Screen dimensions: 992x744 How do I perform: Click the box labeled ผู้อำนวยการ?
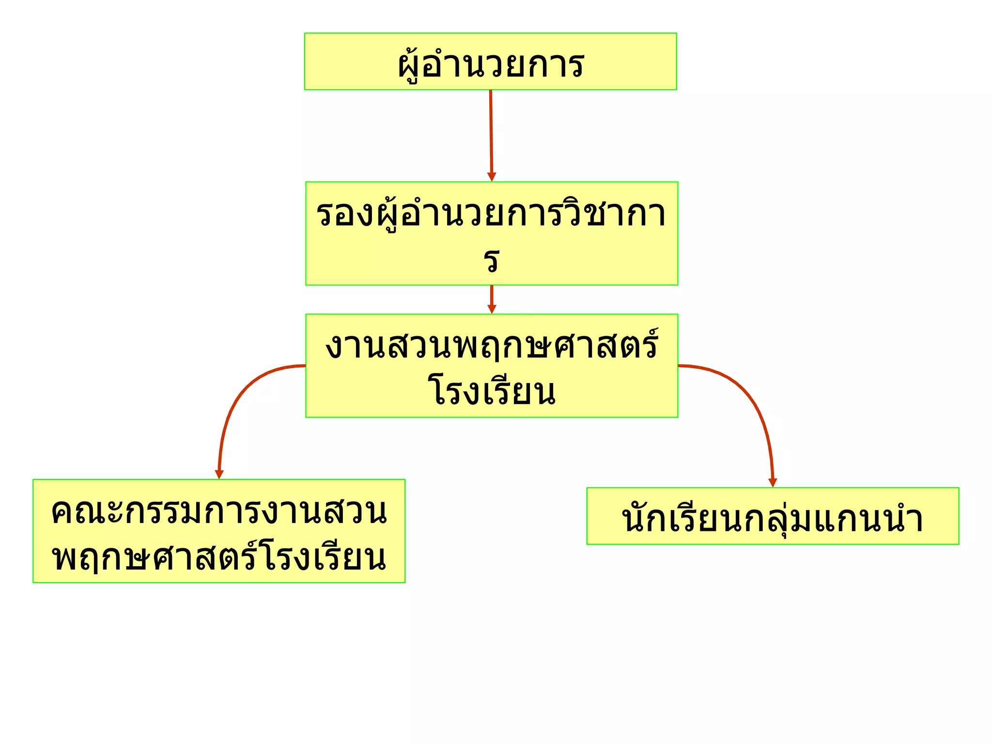[x=490, y=62]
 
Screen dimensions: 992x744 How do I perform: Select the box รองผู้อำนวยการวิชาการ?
[x=491, y=233]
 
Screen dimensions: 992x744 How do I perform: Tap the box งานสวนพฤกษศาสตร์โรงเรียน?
[x=491, y=366]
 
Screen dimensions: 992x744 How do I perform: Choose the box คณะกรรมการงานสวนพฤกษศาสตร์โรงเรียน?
[x=219, y=531]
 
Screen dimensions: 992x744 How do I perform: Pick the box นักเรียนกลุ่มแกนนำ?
[x=773, y=516]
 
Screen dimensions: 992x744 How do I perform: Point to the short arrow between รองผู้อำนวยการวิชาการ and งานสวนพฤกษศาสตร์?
[x=492, y=296]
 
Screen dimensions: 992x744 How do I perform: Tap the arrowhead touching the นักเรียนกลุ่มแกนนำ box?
[x=773, y=482]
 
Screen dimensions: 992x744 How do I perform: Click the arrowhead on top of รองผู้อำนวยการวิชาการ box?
[x=492, y=177]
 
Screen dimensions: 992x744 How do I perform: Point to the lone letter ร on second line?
[x=492, y=261]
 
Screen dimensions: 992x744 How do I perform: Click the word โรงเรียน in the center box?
[x=492, y=391]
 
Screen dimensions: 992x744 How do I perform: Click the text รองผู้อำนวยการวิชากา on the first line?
[x=491, y=214]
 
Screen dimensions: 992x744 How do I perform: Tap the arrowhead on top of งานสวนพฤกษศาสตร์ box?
[x=492, y=309]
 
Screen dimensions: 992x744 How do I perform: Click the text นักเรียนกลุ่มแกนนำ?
[x=773, y=518]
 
